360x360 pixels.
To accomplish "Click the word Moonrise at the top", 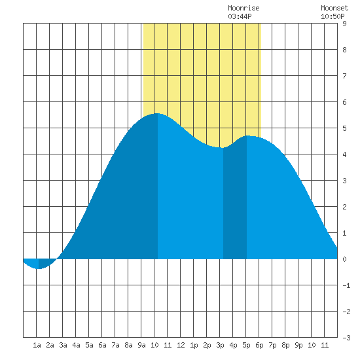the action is point(243,8).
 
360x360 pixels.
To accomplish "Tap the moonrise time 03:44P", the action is point(240,16).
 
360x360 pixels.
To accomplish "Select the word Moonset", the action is point(334,8).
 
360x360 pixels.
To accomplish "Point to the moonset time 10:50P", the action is point(333,16).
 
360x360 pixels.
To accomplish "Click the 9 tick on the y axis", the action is point(344,24).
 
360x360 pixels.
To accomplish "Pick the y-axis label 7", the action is point(344,76).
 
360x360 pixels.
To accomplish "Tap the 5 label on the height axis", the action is point(344,128).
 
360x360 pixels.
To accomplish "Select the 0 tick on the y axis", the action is point(344,259).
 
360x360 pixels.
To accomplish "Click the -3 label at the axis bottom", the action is point(346,338).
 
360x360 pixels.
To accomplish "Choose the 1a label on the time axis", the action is point(37,345).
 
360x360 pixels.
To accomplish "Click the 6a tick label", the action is point(102,345).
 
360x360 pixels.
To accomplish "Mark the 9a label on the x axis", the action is point(141,345).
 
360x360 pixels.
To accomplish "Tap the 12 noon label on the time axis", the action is point(181,345).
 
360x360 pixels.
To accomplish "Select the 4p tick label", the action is point(233,345).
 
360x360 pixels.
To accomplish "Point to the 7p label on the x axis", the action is point(272,345).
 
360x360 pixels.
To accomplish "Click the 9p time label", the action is point(298,345).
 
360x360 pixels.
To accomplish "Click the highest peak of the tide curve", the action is point(157,113).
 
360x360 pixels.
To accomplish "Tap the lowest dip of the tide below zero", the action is point(39,268).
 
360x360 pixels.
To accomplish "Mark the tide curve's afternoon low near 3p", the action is point(223,148).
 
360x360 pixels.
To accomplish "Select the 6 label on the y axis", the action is point(344,102).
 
